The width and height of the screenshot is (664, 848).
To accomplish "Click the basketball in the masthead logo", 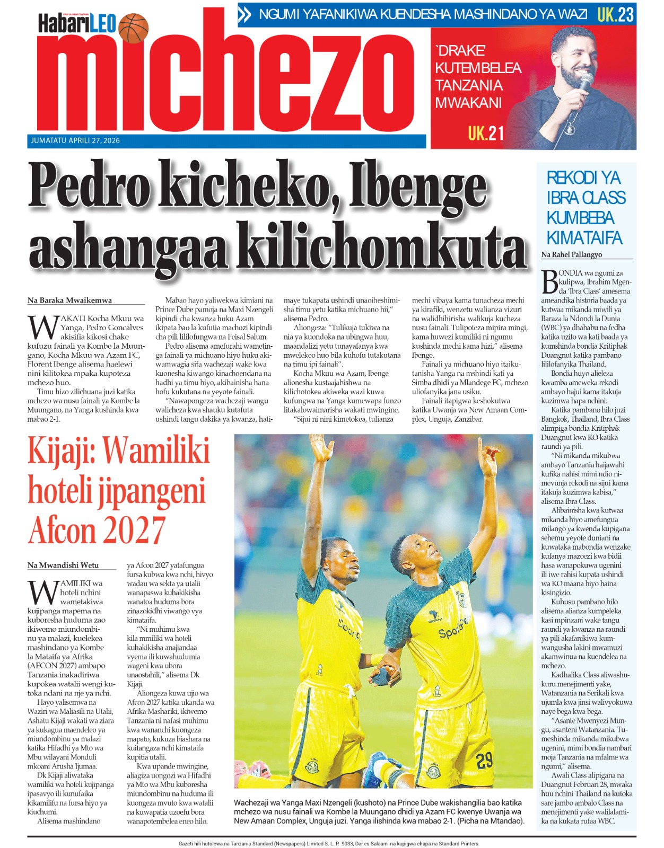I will (134, 28).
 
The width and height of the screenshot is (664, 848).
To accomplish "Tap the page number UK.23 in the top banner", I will (615, 14).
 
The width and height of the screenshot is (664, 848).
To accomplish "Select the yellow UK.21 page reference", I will (486, 133).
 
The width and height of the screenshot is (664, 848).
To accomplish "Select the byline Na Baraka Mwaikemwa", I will (69, 300).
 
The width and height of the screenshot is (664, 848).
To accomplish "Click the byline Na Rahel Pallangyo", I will (572, 254).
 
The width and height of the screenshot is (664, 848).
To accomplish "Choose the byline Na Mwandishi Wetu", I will (63, 565).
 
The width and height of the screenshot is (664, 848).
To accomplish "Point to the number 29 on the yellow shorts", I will (484, 761).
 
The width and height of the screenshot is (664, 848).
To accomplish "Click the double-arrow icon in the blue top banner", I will (245, 15).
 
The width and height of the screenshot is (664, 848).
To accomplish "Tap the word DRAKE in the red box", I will (460, 51).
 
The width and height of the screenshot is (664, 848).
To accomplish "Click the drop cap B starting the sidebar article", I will (549, 282).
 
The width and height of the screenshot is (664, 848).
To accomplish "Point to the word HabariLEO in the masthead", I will (77, 24).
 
